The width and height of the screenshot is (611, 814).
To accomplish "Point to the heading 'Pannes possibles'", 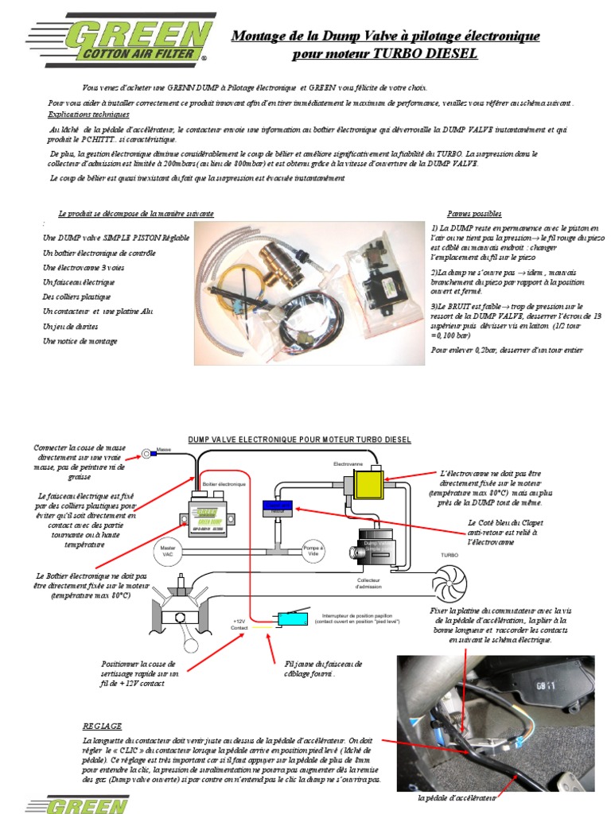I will [474, 214].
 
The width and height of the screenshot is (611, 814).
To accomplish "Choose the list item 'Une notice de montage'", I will [80, 341].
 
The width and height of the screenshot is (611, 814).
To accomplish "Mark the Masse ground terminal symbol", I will [146, 454].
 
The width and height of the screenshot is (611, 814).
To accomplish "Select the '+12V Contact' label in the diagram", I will [240, 624].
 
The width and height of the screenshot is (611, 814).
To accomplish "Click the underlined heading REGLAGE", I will [102, 726].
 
